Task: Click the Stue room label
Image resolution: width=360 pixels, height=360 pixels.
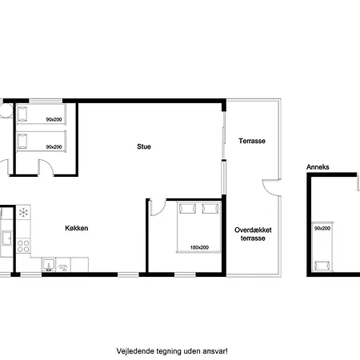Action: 144,146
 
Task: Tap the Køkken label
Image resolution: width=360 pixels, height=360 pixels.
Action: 77,228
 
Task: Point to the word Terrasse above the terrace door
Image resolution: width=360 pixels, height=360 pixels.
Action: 252,141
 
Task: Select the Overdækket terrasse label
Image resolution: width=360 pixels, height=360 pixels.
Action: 253,234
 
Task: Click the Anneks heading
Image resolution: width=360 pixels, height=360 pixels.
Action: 318,167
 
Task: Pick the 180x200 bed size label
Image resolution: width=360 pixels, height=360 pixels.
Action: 199,247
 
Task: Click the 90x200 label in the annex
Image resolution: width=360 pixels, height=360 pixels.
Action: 322,228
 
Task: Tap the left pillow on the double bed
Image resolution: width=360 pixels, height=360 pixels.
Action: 187,209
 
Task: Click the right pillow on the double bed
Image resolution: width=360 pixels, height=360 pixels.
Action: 210,209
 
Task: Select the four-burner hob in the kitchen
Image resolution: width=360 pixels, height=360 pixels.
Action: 23,246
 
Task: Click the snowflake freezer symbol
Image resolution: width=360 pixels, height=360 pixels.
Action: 23,213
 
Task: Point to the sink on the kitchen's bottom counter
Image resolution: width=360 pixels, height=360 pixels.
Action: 49,265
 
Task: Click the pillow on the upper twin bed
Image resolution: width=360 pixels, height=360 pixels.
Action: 22,114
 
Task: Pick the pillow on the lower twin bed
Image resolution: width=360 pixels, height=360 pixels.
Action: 22,142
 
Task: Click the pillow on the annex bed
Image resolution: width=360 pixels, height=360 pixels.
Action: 322,266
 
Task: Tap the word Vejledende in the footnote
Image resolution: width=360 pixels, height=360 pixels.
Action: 131,351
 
